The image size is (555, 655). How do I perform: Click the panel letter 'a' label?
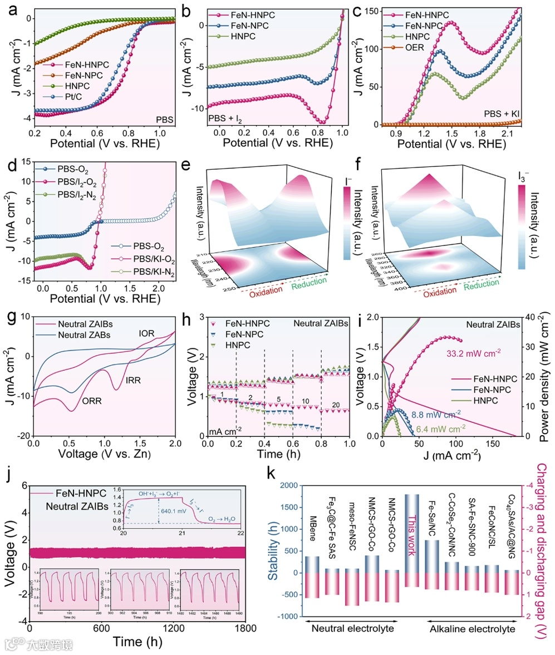(7, 9)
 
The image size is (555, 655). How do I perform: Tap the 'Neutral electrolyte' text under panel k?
(350, 628)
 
